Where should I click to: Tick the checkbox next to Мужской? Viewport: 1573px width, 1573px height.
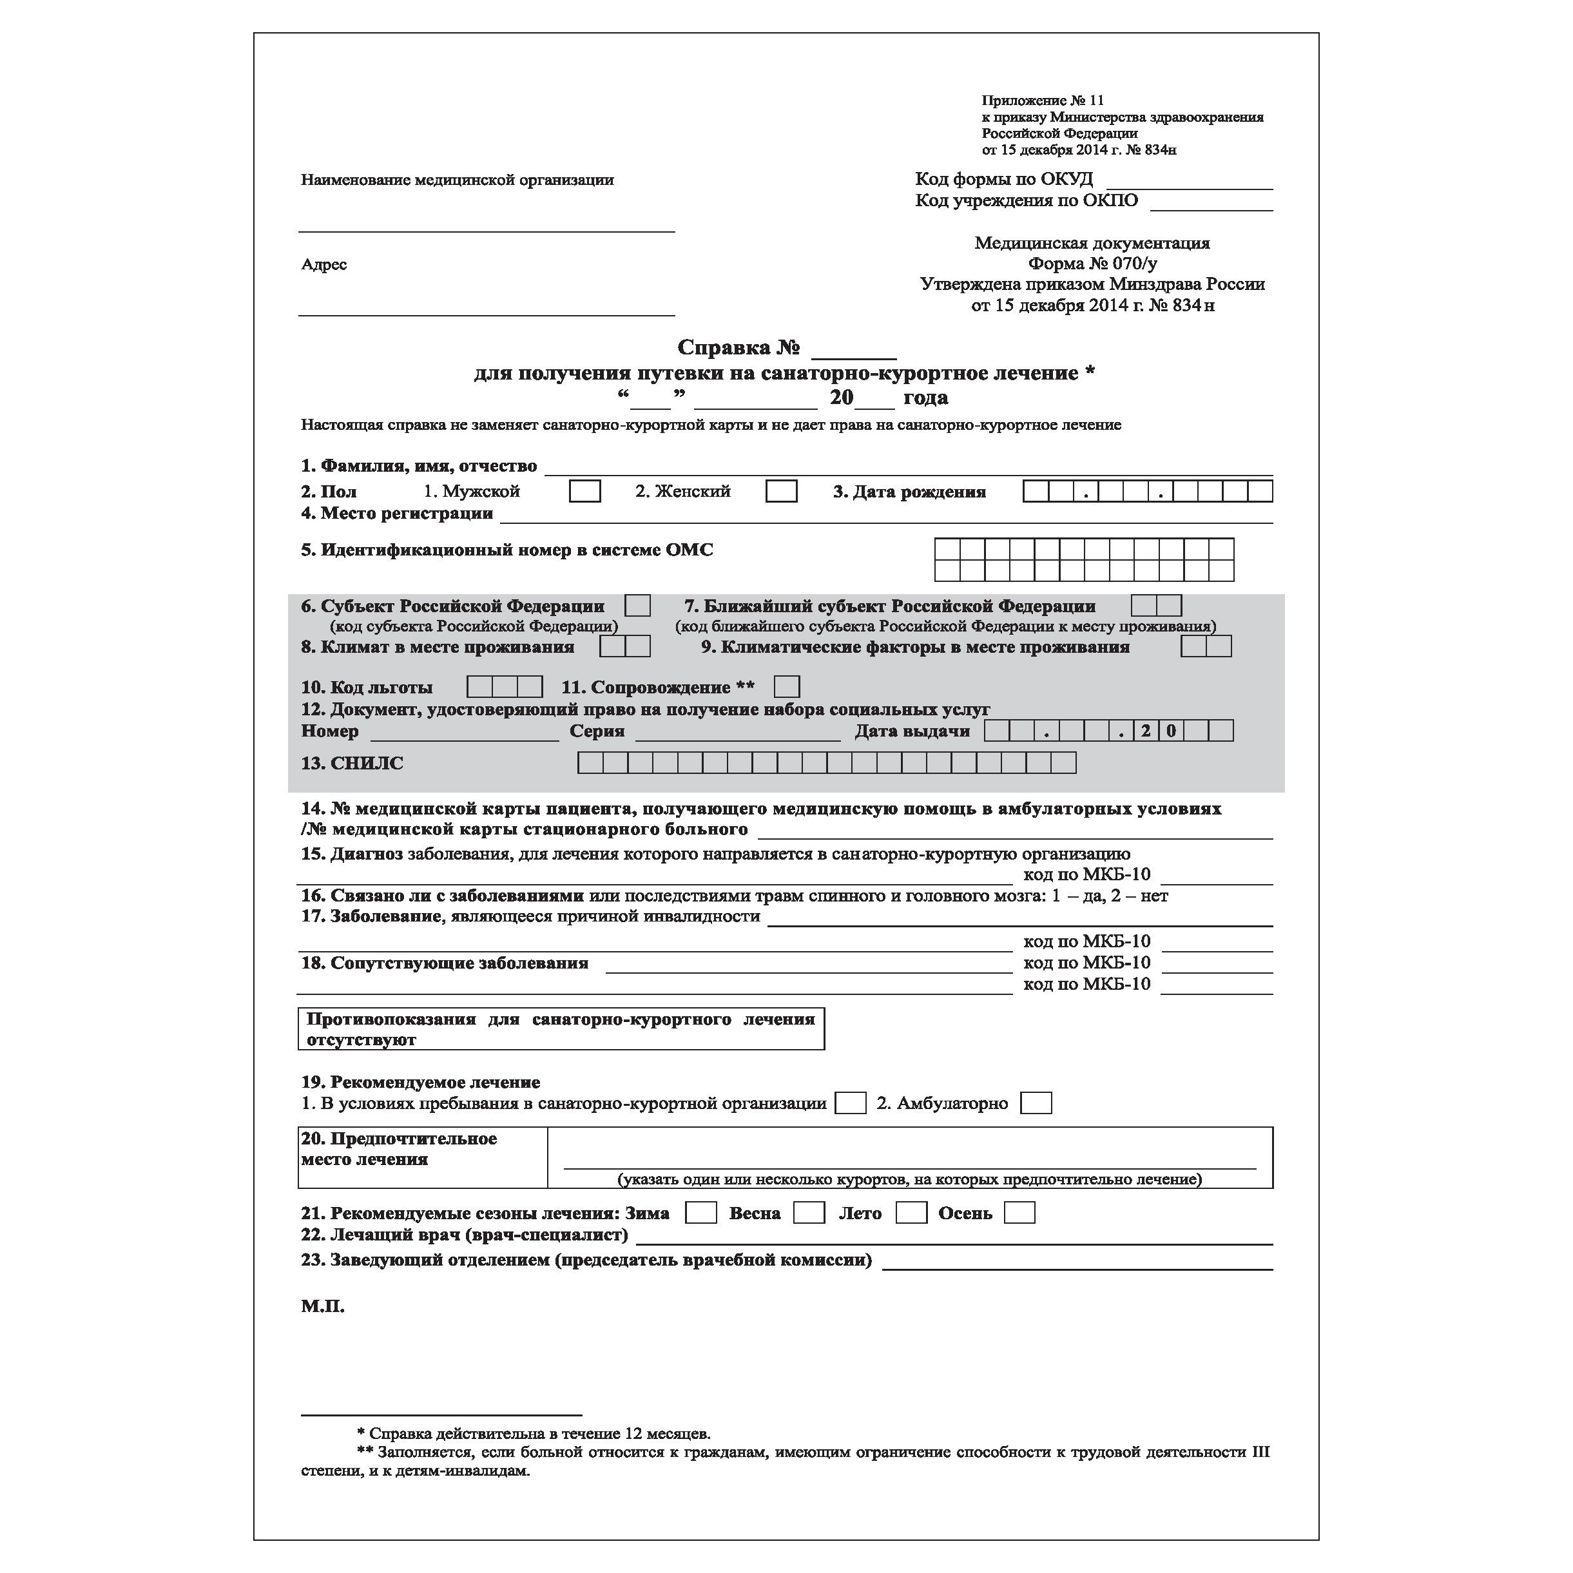(x=584, y=492)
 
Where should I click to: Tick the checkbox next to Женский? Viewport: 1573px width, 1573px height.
(x=782, y=492)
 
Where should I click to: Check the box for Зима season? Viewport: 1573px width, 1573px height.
(x=701, y=1214)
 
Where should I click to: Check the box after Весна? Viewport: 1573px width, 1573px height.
(x=809, y=1214)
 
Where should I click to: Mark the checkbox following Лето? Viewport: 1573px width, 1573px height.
(x=911, y=1214)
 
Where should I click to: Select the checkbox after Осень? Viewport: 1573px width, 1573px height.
(x=1019, y=1214)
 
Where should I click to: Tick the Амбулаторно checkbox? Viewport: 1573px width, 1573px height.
(x=1036, y=1104)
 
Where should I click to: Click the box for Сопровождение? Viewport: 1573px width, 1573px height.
(x=786, y=687)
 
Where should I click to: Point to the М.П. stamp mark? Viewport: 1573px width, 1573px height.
(x=322, y=1307)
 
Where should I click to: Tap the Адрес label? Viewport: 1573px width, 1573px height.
(x=324, y=265)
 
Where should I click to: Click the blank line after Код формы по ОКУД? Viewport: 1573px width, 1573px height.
(x=1189, y=182)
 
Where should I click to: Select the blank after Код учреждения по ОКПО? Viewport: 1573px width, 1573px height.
(x=1211, y=204)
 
